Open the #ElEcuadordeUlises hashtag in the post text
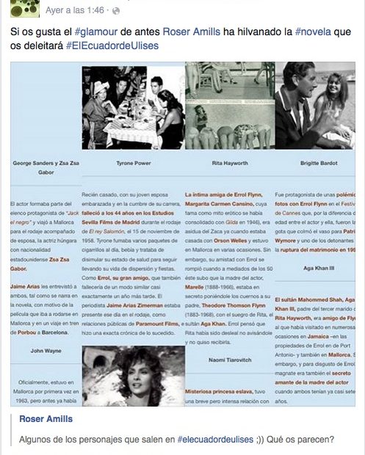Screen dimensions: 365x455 pos(112,45)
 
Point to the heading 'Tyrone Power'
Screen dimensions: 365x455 pos(133,165)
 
